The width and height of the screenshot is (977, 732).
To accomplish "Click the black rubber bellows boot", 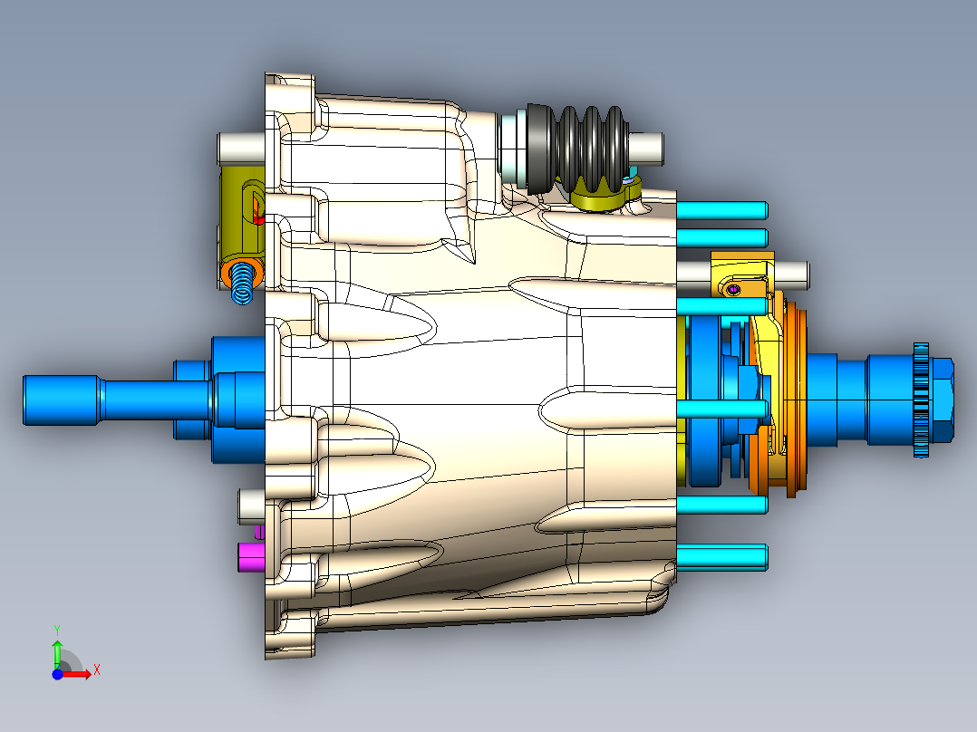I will point(585,145).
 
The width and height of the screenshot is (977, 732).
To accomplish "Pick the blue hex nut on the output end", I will point(942,400).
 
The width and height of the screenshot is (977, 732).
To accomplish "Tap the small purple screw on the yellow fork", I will point(734,289).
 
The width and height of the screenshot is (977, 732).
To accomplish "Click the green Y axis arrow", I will point(56,650).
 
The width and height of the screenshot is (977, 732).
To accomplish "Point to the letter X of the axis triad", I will point(96,670).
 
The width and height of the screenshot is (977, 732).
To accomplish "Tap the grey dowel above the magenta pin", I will point(249,505).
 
